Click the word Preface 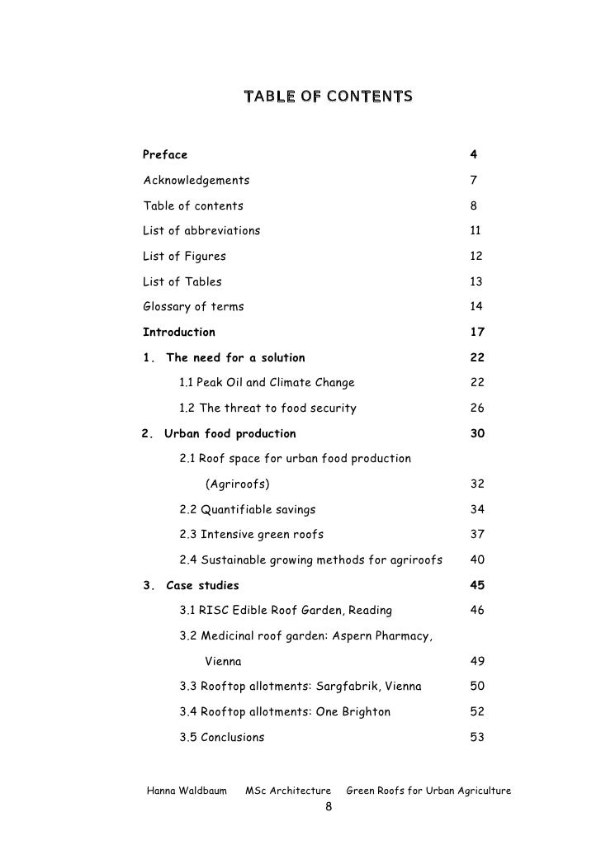click(165, 155)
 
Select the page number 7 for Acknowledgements click(474, 181)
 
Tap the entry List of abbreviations click(201, 231)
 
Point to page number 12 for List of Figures click(476, 257)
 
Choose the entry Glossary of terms click(193, 307)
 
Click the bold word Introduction click(179, 333)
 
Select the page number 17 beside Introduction click(476, 333)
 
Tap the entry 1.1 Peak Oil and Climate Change click(267, 383)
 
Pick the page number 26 click(476, 408)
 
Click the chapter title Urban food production click(230, 433)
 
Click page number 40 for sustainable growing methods click(476, 560)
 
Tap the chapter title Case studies click(202, 586)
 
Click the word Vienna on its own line click(223, 662)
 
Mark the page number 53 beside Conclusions click(476, 738)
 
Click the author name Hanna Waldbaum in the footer click(187, 791)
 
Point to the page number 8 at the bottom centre click(328, 808)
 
